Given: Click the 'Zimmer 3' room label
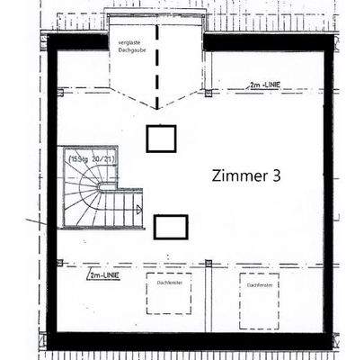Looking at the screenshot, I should pos(246,176).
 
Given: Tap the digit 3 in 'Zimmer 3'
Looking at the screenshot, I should pos(276,176).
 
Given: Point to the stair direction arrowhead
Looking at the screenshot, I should pos(138,210).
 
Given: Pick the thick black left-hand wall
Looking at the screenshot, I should pos(52,198).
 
